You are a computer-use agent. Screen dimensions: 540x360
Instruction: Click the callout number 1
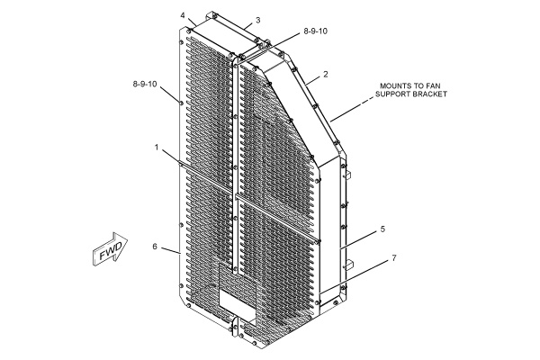157,148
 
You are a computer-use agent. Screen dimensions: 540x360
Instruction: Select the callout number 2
326,74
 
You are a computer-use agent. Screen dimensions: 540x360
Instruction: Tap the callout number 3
257,21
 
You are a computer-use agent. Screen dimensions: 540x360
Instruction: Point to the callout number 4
183,15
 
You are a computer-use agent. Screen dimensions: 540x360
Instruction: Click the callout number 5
382,229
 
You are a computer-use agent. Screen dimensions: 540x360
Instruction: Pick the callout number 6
155,247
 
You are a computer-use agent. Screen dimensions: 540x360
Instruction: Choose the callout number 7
394,257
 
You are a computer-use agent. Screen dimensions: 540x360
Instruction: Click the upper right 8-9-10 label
316,31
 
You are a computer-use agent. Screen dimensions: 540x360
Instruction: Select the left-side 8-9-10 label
145,84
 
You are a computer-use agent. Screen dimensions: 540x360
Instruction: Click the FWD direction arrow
110,248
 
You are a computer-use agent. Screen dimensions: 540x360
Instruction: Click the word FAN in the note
433,85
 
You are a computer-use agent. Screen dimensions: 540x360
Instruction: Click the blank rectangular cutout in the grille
238,301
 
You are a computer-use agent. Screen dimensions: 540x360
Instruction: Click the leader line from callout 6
171,250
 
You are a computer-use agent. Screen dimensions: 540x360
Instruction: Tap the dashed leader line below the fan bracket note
352,109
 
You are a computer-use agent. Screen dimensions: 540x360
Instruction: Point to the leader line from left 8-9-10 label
170,94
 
